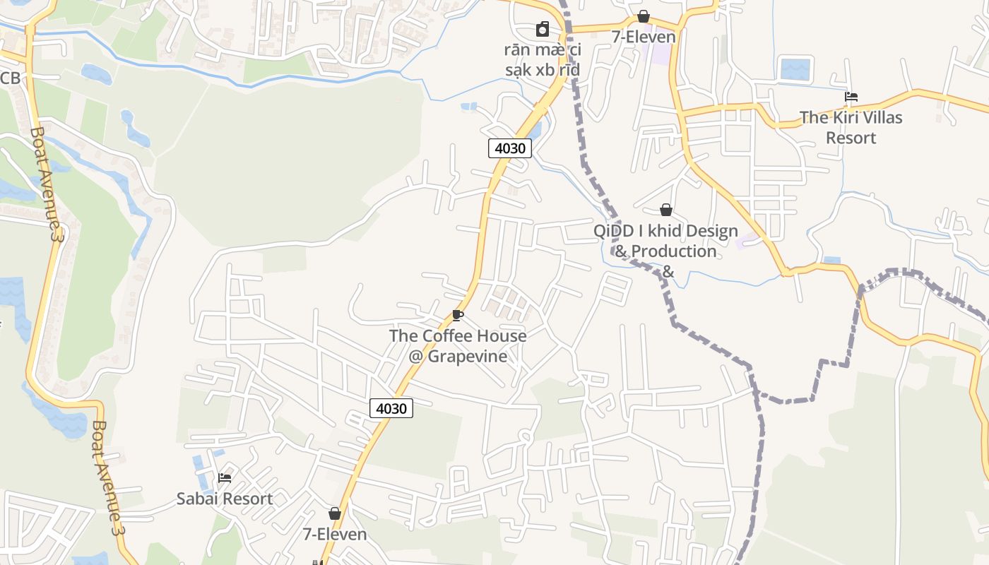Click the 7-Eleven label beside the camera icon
(x=644, y=37)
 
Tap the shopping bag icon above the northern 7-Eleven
(x=644, y=16)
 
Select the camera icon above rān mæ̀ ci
(x=543, y=29)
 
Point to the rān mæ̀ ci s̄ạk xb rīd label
(x=543, y=60)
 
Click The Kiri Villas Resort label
(x=851, y=127)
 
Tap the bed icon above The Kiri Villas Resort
(x=851, y=97)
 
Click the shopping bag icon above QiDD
(x=665, y=210)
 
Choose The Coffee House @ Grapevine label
(x=458, y=345)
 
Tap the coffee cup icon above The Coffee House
(x=458, y=315)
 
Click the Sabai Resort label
(x=224, y=499)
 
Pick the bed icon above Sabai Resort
(x=225, y=478)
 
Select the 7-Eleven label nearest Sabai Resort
(x=335, y=534)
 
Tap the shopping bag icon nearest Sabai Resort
(x=335, y=513)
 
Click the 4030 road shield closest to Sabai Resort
(x=391, y=408)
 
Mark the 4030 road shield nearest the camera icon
(x=510, y=148)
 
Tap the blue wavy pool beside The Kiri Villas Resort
(x=796, y=69)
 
